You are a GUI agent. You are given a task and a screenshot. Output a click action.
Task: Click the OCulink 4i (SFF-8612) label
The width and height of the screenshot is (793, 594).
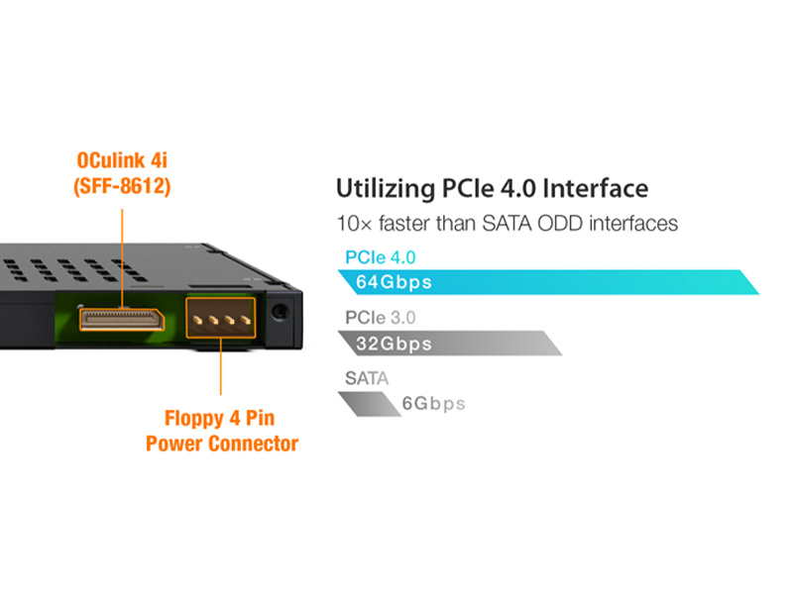122,173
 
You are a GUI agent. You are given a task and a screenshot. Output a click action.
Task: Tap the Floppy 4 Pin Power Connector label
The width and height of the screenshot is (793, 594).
222,431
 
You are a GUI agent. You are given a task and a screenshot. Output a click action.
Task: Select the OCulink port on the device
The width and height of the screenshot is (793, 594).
122,320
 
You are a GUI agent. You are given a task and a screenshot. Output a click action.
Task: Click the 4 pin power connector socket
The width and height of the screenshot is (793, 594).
220,318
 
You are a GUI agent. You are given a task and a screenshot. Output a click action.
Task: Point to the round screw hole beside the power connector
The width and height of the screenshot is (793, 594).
280,311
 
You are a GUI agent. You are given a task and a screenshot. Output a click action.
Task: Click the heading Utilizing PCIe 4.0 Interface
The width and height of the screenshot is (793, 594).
492,188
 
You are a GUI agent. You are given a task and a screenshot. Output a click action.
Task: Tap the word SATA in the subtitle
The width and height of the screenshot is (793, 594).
508,224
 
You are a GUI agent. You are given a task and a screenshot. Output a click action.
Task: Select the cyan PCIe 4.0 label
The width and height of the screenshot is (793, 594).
381,257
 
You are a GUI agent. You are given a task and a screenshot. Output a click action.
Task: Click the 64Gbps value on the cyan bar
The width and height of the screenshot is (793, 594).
394,282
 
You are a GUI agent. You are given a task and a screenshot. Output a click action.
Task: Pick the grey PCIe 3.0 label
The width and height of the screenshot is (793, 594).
381,318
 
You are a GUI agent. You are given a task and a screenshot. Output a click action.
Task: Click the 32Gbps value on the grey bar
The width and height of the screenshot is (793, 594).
394,344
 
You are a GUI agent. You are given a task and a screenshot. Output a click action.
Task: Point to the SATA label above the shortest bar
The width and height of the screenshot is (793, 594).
367,378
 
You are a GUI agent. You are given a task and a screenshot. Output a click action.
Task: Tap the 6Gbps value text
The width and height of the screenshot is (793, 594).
433,404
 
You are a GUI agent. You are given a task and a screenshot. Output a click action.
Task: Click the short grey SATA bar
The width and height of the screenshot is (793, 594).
369,404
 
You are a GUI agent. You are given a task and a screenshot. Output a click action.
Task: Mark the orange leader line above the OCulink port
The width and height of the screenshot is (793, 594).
122,258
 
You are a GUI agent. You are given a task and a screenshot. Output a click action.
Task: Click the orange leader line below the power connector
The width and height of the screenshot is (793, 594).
220,366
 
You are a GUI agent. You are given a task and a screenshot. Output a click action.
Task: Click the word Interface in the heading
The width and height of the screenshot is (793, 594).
596,188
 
